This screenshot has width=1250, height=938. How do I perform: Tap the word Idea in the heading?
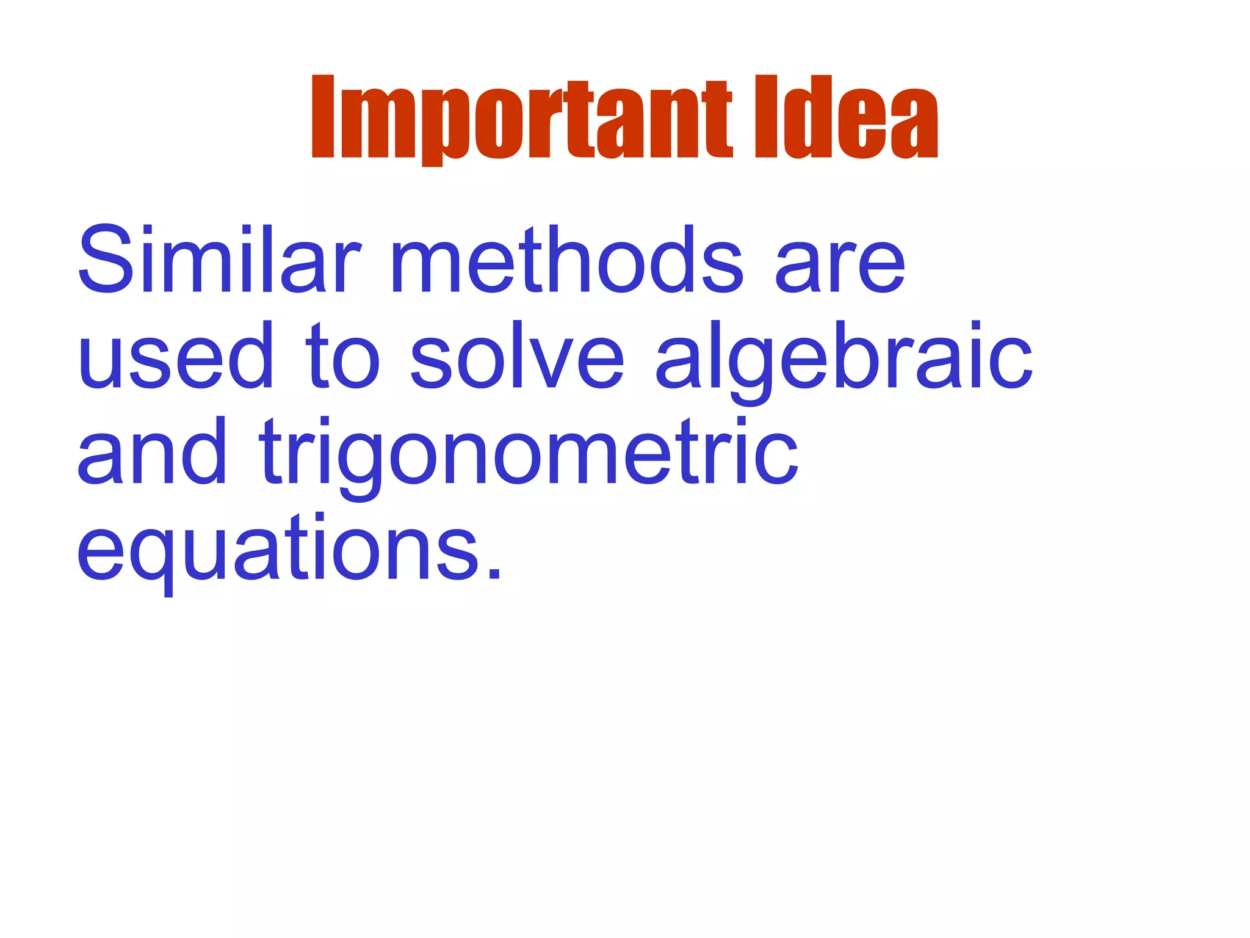[x=846, y=117]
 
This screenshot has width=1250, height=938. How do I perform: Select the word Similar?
[x=219, y=260]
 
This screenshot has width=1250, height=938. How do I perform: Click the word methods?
[x=567, y=260]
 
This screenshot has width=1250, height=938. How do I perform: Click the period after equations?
[x=495, y=573]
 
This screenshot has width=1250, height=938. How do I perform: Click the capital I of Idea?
[x=767, y=117]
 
